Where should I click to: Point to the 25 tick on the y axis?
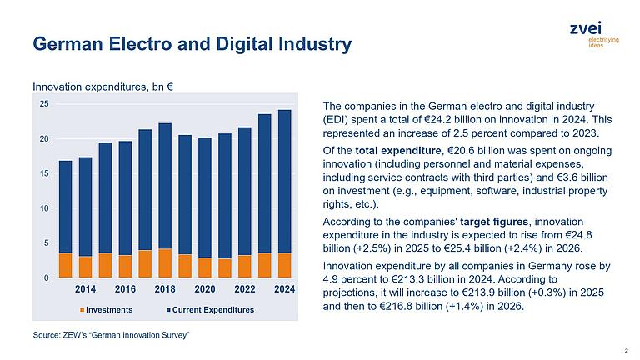44,104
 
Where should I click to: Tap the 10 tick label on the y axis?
44,208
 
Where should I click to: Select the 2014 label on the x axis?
85,289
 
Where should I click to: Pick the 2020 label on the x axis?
204,289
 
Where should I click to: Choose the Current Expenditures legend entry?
212,310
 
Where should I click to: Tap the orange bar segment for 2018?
165,262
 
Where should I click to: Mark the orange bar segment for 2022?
245,267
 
